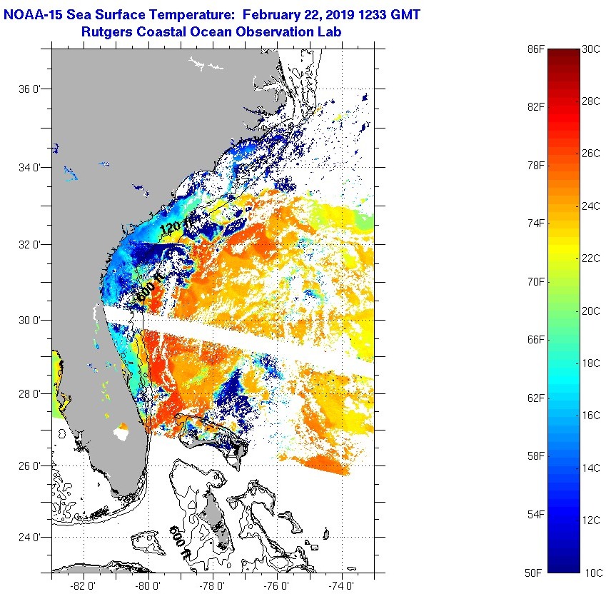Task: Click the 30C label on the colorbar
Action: [592, 49]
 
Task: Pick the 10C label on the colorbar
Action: [592, 573]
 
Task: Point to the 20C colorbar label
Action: [592, 311]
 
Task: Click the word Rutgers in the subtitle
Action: [104, 32]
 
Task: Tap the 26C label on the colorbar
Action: [592, 153]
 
